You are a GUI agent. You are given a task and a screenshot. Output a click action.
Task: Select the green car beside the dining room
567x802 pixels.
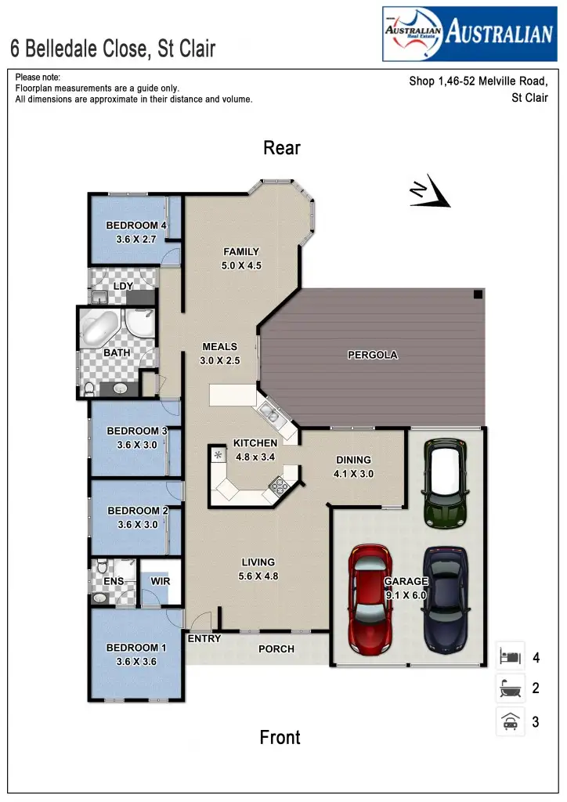tap(444, 482)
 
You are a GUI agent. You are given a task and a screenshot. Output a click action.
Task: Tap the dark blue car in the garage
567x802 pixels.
tap(446, 600)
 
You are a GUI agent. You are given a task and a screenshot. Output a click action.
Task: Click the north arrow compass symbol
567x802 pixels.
tap(430, 193)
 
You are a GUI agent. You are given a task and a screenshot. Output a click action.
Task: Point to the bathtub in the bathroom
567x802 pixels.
tap(101, 330)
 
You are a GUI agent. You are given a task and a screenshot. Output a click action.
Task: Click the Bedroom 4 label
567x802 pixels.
tap(136, 226)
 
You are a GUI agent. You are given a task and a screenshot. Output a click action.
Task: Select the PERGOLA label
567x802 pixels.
tap(373, 355)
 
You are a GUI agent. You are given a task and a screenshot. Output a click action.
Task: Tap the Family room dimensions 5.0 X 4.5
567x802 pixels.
tap(241, 266)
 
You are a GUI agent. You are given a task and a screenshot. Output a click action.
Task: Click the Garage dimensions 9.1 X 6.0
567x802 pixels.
tap(406, 595)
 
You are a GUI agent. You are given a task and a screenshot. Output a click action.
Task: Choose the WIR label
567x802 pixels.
tap(161, 582)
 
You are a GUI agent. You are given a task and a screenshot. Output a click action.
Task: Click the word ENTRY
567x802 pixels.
tap(204, 638)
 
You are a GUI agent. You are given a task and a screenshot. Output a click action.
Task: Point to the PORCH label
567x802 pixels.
tap(276, 648)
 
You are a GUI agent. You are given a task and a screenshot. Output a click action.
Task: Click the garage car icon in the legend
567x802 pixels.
tap(510, 721)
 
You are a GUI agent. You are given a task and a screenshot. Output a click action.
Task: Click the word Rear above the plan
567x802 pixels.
tap(282, 148)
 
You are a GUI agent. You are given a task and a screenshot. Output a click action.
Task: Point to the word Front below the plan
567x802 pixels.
tap(280, 737)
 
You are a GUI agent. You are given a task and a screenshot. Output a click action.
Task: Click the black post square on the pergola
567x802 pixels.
tap(477, 294)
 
